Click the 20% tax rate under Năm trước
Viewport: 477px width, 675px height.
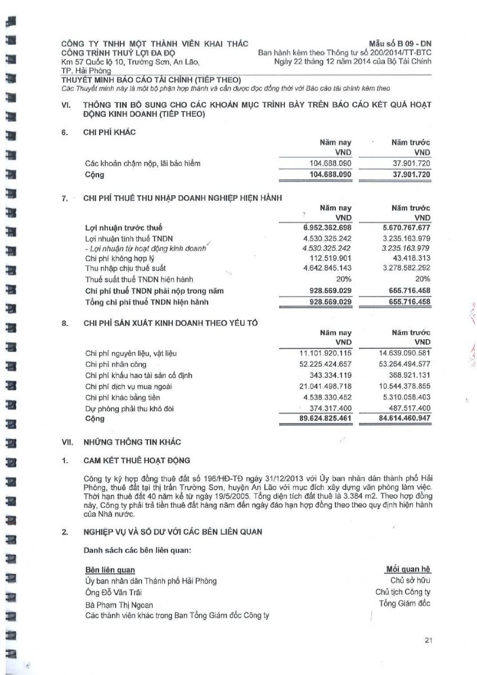point(422,279)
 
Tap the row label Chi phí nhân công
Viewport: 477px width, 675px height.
point(116,364)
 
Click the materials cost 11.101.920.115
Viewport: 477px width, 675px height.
point(325,353)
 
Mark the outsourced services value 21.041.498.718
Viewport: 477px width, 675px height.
point(325,386)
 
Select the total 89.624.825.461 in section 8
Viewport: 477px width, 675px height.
point(325,419)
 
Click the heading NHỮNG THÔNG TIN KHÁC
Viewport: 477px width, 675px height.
point(132,442)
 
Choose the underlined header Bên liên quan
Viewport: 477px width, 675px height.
point(110,570)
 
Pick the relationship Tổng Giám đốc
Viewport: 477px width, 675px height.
point(404,604)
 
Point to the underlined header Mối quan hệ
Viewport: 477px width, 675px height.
point(408,570)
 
